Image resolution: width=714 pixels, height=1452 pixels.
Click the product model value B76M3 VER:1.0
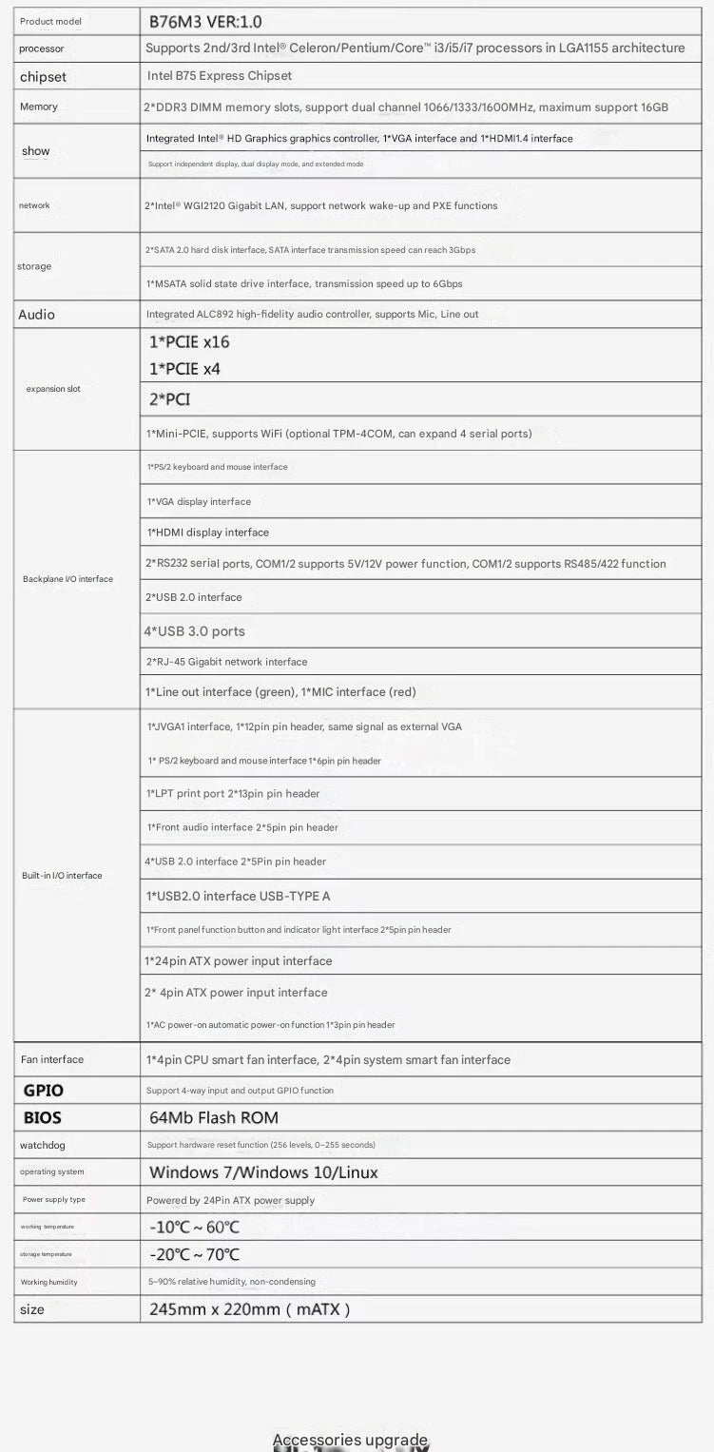pyautogui.click(x=205, y=21)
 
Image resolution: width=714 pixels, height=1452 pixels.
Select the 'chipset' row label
pyautogui.click(x=43, y=77)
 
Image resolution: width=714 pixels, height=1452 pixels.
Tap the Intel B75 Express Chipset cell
pyautogui.click(x=220, y=76)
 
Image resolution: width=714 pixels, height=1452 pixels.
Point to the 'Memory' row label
pyautogui.click(x=38, y=106)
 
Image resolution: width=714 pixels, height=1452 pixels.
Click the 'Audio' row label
pyautogui.click(x=36, y=315)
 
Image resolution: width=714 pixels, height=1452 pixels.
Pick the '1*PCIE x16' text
pyautogui.click(x=189, y=341)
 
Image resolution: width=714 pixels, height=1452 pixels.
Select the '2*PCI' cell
pyautogui.click(x=169, y=399)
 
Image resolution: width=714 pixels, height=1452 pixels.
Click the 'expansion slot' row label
pyautogui.click(x=53, y=388)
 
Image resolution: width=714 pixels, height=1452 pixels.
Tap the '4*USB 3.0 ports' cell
pyautogui.click(x=194, y=631)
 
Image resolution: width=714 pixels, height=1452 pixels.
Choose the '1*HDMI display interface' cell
pyautogui.click(x=207, y=532)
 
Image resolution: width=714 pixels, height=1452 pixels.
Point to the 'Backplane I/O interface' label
pyautogui.click(x=68, y=578)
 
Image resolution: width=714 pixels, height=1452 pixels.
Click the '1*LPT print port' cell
pyautogui.click(x=233, y=794)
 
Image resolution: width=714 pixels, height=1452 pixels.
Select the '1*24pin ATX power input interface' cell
pyautogui.click(x=239, y=961)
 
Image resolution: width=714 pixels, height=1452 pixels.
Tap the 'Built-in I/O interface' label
pyautogui.click(x=62, y=875)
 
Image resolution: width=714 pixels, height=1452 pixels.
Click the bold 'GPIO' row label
pyautogui.click(x=43, y=1091)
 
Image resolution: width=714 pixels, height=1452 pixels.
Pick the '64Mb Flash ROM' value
pyautogui.click(x=214, y=1118)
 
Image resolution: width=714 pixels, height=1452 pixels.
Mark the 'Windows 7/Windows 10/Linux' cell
pyautogui.click(x=263, y=1172)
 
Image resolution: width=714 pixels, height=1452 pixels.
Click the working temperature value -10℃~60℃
pyautogui.click(x=194, y=1228)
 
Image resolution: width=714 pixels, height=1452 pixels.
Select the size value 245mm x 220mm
pyautogui.click(x=249, y=1309)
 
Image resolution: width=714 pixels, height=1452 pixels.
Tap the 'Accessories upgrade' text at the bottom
pyautogui.click(x=350, y=1440)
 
